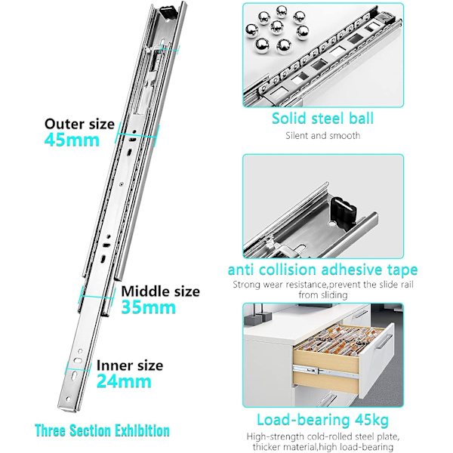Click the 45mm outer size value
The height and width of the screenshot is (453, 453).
[72, 140]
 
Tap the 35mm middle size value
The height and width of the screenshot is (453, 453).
[149, 307]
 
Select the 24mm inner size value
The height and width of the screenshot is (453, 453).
[124, 381]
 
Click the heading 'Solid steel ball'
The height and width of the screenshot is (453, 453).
[322, 119]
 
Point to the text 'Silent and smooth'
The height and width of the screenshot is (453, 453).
[323, 135]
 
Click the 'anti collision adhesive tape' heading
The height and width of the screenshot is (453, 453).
[322, 270]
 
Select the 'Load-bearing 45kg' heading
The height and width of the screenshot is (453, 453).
[322, 420]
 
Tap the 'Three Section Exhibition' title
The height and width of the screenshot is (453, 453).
[102, 430]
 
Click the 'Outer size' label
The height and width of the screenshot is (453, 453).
[79, 124]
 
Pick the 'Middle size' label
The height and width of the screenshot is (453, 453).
[160, 291]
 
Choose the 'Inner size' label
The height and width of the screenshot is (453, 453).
[130, 365]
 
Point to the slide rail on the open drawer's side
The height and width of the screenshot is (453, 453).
[325, 371]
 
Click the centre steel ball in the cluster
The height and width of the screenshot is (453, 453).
[277, 28]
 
